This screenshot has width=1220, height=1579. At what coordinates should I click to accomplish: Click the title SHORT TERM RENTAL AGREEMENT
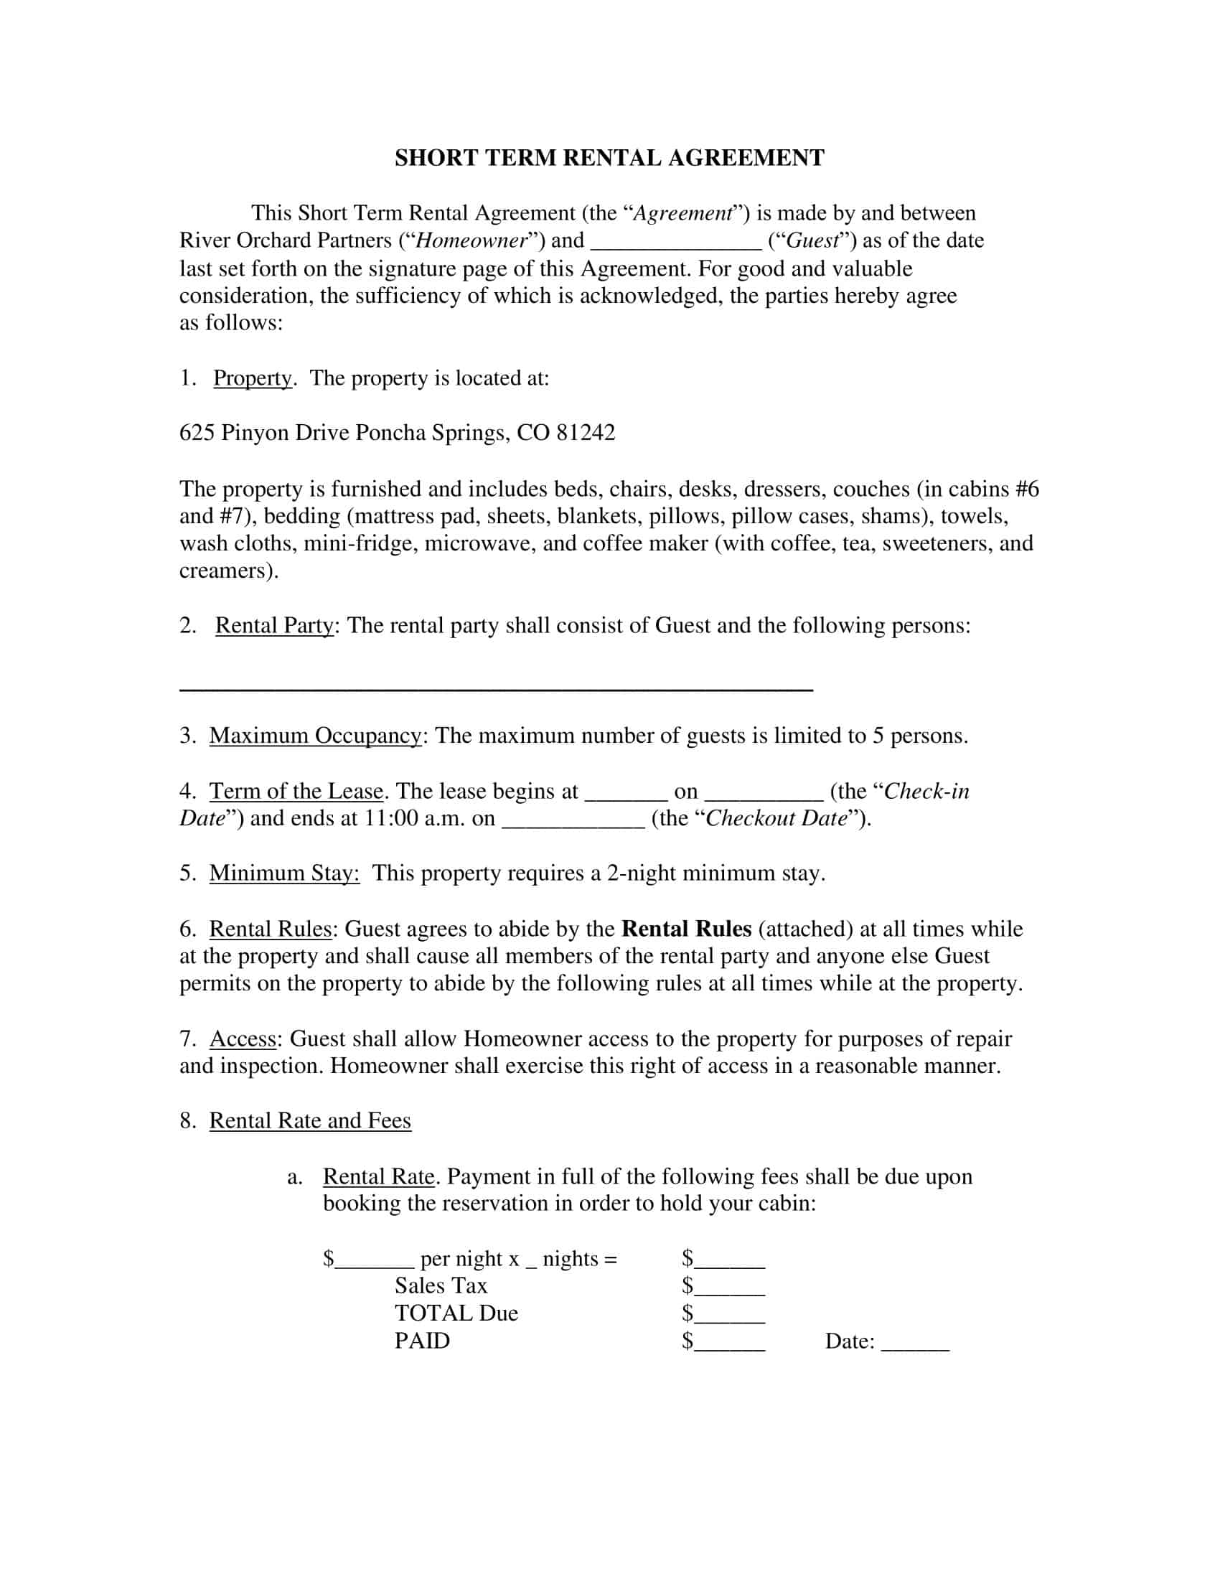609,159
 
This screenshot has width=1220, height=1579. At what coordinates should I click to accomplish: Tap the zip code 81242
586,432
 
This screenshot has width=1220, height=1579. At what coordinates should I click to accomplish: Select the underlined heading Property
252,378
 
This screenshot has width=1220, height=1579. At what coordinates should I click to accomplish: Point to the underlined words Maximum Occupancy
315,736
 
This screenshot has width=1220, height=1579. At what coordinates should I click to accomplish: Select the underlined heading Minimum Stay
284,873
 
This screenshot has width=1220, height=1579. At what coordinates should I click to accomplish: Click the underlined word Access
243,1039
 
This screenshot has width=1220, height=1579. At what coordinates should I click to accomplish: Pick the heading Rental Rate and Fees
310,1120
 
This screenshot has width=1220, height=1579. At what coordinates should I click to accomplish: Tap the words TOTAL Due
456,1313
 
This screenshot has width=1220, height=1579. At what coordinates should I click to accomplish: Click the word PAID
422,1341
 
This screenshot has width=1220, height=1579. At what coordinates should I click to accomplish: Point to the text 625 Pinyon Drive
265,432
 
